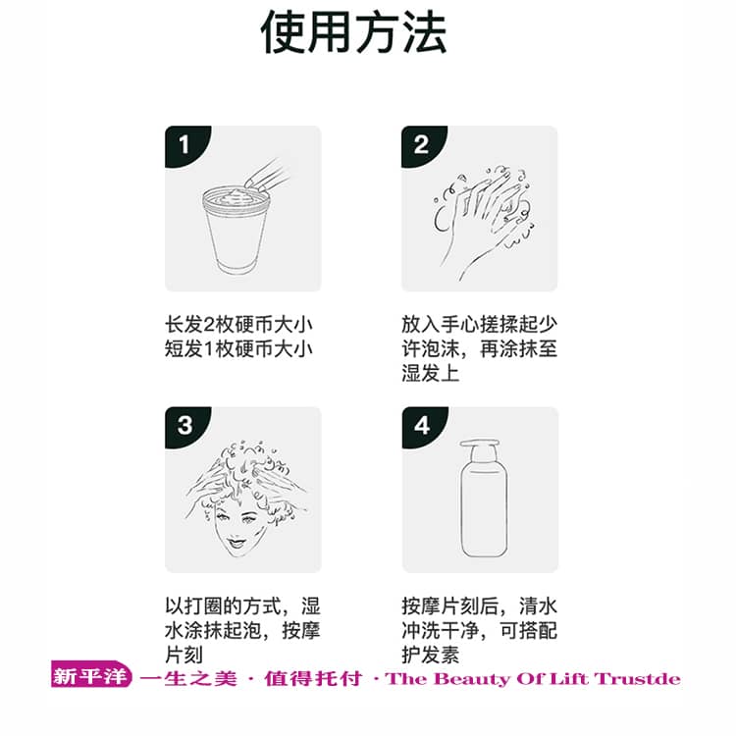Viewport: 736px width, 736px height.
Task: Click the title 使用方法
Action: point(353,32)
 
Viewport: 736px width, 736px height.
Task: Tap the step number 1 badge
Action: point(184,144)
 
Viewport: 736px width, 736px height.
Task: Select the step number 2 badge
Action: point(421,144)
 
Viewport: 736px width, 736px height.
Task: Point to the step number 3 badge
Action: point(184,425)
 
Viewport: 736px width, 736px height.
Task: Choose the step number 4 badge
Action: point(422,425)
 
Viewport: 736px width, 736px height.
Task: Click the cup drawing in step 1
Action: point(237,230)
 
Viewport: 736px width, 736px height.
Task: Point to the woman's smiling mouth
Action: point(237,542)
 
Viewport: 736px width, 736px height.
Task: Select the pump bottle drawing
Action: point(483,499)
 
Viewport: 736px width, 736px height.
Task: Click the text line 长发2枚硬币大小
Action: point(238,325)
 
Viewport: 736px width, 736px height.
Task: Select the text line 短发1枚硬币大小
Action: point(238,349)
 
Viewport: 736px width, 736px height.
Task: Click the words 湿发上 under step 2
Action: point(431,374)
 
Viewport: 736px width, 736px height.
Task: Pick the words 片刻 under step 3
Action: point(184,655)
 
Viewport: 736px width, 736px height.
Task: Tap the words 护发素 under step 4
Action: point(431,655)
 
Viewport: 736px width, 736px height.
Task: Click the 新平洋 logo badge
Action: point(91,674)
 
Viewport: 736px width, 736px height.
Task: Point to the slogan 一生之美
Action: point(188,679)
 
